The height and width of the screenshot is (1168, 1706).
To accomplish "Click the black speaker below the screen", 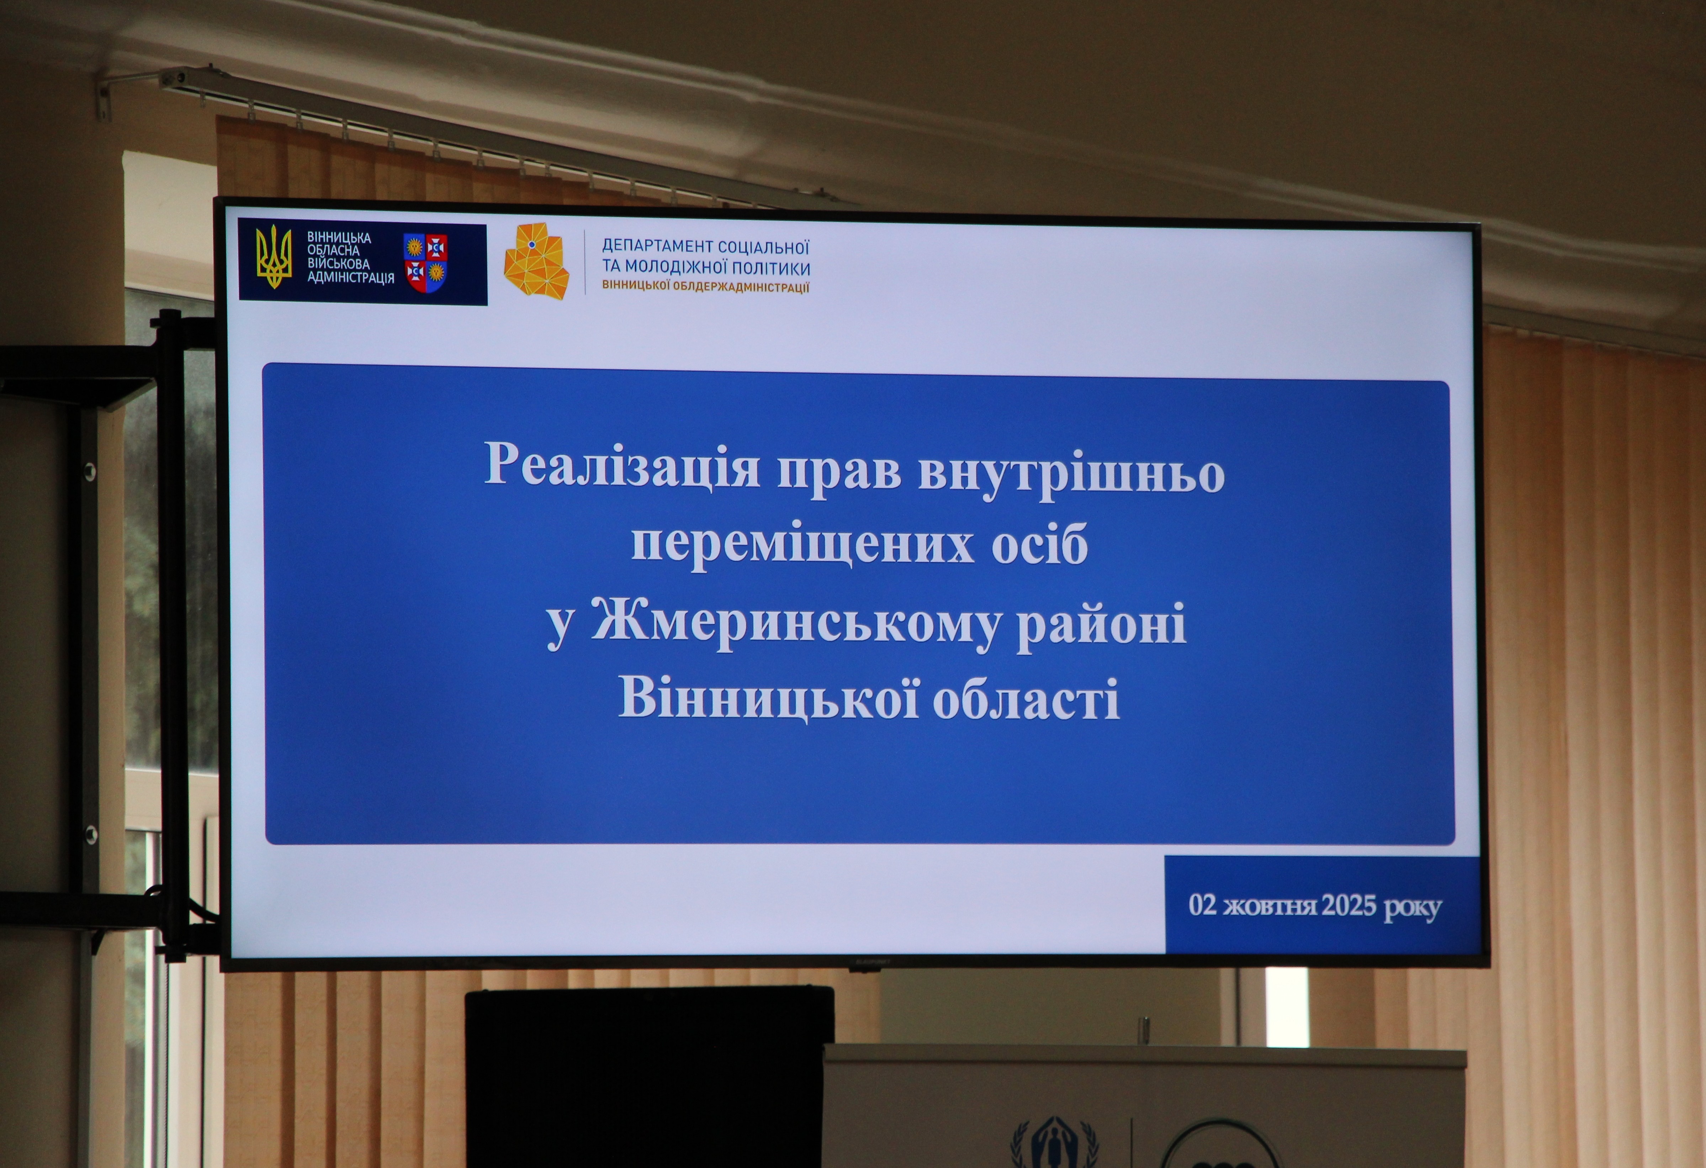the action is pos(650,1076).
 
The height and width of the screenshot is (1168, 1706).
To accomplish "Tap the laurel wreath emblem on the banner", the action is pos(1054,1144).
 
